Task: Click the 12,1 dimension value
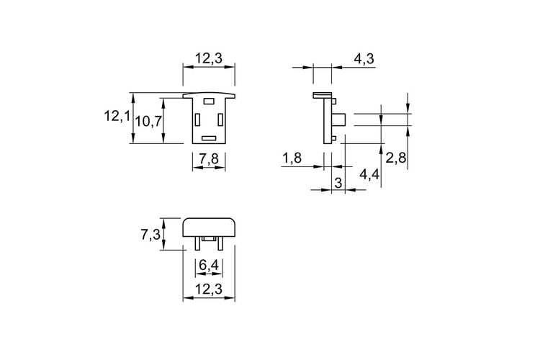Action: pyautogui.click(x=117, y=116)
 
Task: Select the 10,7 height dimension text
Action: pyautogui.click(x=148, y=121)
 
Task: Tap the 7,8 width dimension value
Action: pyautogui.click(x=209, y=159)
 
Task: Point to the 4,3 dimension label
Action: pyautogui.click(x=364, y=59)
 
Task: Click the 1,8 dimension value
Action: pyautogui.click(x=292, y=158)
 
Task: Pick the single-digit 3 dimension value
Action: pyautogui.click(x=338, y=183)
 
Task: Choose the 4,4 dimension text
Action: pyautogui.click(x=369, y=174)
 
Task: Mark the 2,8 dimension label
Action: pyautogui.click(x=396, y=158)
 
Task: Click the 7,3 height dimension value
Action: pyautogui.click(x=150, y=235)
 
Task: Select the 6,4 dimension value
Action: pyautogui.click(x=209, y=265)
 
